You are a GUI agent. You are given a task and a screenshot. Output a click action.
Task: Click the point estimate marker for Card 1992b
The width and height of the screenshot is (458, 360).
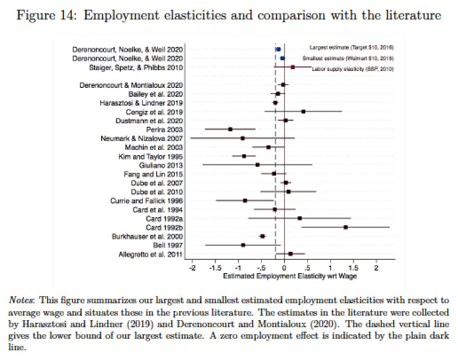(x=346, y=227)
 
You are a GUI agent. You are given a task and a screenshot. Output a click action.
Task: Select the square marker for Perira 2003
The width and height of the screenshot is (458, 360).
(x=230, y=129)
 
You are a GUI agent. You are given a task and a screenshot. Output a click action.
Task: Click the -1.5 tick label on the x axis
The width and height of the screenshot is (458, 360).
(x=215, y=269)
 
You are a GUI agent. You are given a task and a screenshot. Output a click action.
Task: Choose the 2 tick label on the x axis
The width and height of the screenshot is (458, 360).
(x=376, y=269)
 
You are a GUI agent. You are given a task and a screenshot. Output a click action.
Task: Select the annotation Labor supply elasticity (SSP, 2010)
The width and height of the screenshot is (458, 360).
(x=353, y=69)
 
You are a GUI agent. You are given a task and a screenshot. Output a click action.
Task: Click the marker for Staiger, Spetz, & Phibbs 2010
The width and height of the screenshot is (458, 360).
(x=292, y=67)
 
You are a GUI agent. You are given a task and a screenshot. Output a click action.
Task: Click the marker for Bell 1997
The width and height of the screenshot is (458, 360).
(x=243, y=245)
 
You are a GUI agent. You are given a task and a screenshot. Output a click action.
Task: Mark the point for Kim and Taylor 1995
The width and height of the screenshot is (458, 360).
(x=244, y=156)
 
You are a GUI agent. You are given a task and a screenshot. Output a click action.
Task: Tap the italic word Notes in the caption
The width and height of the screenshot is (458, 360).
(x=20, y=300)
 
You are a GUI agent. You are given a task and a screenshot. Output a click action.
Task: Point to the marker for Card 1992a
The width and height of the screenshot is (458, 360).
(x=300, y=218)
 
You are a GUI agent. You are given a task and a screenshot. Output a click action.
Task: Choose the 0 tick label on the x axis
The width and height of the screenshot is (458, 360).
(x=284, y=269)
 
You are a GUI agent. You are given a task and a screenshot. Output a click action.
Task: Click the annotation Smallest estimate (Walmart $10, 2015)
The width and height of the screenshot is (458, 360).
(x=348, y=59)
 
